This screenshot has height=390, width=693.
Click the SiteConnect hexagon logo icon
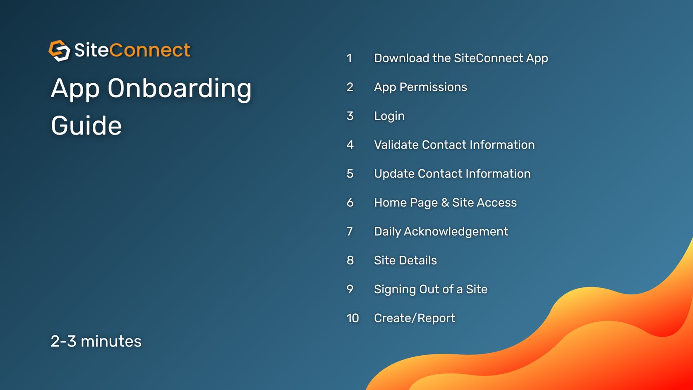60,51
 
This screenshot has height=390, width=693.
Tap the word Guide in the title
86,126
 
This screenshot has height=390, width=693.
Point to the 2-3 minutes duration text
96,342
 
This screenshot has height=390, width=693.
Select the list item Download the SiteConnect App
461,58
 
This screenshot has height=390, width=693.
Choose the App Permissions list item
420,87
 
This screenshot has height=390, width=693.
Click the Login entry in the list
389,116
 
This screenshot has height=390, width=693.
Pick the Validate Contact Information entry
454,145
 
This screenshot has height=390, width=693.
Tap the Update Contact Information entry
452,174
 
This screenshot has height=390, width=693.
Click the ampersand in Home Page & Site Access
445,203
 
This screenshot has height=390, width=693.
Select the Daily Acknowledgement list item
441,232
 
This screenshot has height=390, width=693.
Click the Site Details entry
405,260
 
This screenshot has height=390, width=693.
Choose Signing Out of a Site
430,289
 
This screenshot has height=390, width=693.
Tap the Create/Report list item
414,318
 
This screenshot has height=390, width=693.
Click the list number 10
352,318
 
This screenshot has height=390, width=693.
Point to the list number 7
350,231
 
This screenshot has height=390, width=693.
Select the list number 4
350,145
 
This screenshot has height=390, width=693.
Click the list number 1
349,58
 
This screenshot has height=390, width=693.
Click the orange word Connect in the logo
150,51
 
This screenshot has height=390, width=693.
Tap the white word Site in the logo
91,51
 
